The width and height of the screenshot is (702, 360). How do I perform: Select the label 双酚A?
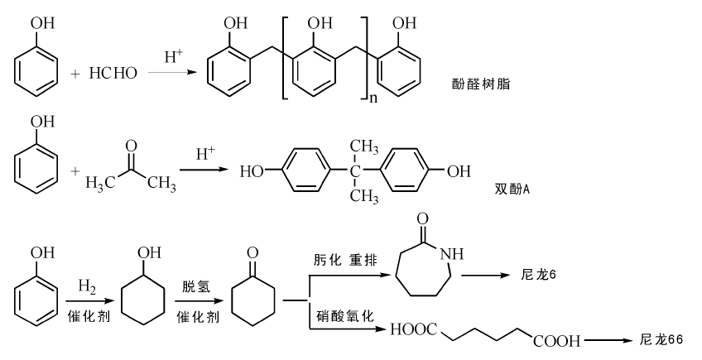click(x=511, y=189)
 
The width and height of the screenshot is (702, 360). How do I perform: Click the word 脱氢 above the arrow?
click(x=195, y=286)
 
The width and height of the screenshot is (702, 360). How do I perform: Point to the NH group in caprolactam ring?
click(x=442, y=254)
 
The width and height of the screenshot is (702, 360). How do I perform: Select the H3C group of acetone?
click(x=100, y=183)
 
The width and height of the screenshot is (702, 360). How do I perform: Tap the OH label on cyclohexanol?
click(x=152, y=252)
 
